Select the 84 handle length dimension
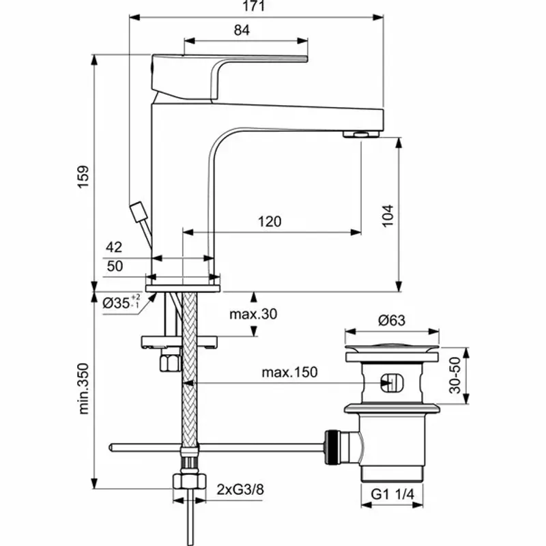241,30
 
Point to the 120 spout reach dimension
270,222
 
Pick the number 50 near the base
115,266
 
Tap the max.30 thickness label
253,314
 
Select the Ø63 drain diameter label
392,319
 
